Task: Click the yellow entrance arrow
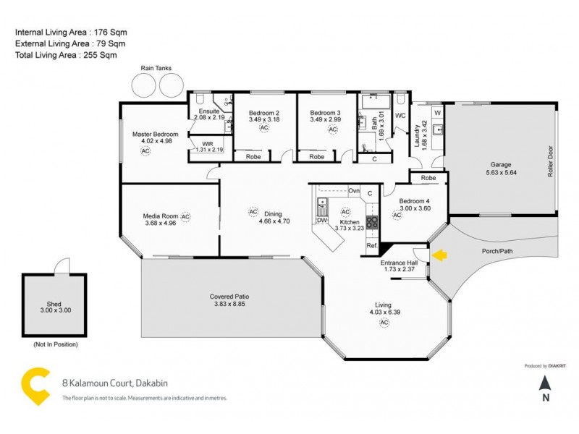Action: pyautogui.click(x=439, y=255)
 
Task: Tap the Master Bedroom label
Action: pyautogui.click(x=155, y=134)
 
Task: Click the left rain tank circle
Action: pyautogui.click(x=143, y=85)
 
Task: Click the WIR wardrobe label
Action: pyautogui.click(x=208, y=144)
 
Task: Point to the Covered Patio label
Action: pyautogui.click(x=229, y=297)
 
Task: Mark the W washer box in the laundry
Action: pyautogui.click(x=437, y=114)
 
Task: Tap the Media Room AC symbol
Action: pyautogui.click(x=185, y=216)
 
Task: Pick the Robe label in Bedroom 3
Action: pyautogui.click(x=317, y=156)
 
